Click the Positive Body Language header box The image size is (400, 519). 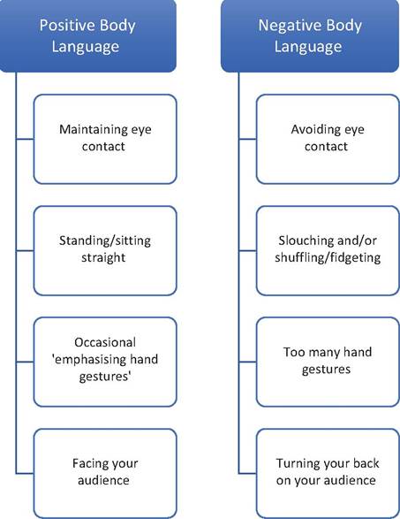88,35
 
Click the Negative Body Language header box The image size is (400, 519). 310,35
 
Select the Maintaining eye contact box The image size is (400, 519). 105,139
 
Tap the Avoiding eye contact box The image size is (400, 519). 328,139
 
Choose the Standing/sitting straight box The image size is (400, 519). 105,250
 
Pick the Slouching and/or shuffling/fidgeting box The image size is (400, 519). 328,250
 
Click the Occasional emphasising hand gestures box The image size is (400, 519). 105,363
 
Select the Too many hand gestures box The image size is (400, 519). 328,363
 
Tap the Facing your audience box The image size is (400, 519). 105,473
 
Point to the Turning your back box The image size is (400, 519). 328,473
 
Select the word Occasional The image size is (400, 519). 105,342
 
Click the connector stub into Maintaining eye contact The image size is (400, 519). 25,139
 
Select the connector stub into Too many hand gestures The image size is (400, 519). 247,363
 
